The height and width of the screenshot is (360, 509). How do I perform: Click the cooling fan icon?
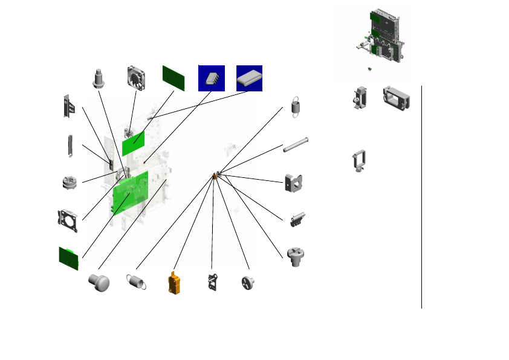click(x=137, y=77)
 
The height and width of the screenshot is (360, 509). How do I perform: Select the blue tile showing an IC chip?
click(x=212, y=78)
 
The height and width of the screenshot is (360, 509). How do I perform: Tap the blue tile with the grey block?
click(x=249, y=78)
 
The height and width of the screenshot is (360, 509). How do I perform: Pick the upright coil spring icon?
click(x=296, y=106)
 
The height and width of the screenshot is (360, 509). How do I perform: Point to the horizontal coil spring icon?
click(x=137, y=281)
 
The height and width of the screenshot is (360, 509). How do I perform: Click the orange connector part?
click(x=175, y=283)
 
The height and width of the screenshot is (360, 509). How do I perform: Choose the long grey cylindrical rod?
click(x=296, y=146)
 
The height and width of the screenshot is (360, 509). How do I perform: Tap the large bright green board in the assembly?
click(x=131, y=192)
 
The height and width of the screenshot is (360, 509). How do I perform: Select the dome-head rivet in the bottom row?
click(x=99, y=281)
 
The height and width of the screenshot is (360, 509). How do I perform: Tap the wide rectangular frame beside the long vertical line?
click(x=397, y=97)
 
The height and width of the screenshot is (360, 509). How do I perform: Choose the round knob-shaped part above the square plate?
click(x=69, y=183)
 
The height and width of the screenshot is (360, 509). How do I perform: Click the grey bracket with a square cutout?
click(x=293, y=182)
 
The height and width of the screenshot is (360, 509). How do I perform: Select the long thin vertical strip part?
click(x=70, y=146)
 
